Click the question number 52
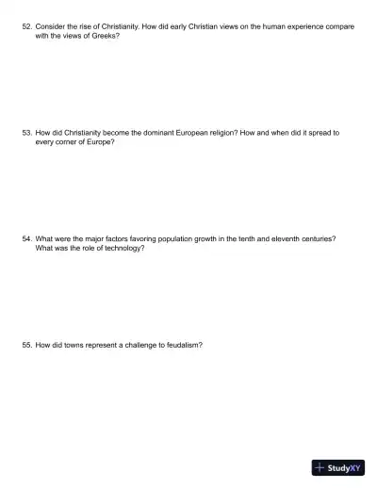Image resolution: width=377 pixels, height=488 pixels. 26,27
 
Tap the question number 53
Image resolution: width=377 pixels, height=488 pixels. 26,133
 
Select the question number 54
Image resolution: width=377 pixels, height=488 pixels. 26,239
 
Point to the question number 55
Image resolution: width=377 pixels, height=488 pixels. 26,345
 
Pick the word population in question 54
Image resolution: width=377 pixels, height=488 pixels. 182,239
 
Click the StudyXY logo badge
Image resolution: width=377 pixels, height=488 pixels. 338,467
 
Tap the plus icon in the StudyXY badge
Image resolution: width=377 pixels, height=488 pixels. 320,467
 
